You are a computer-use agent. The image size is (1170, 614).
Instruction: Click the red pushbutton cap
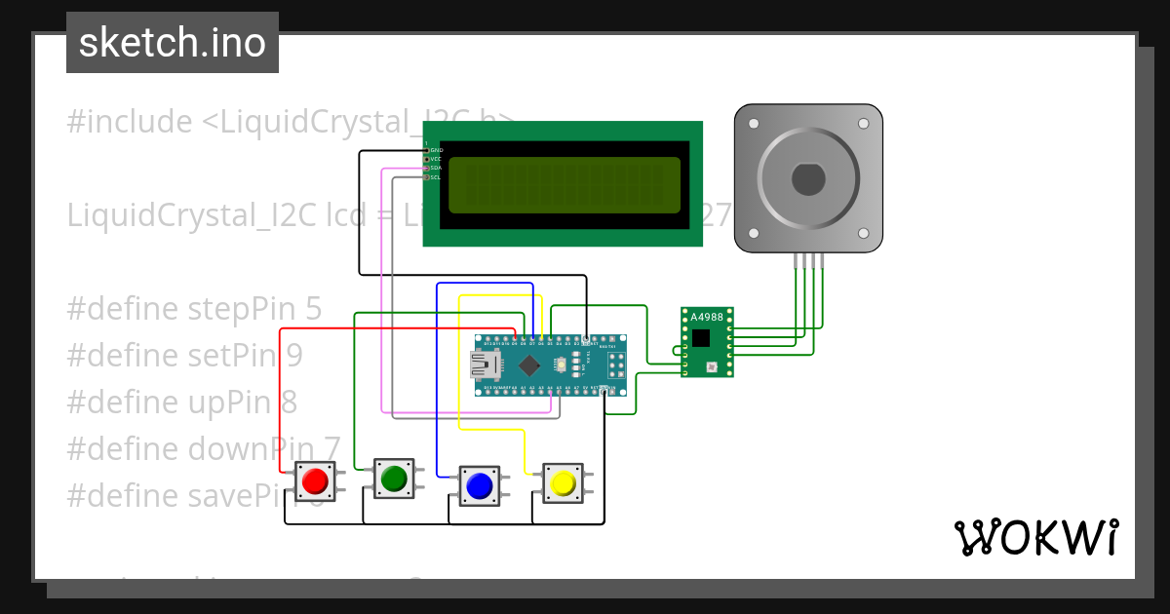point(315,481)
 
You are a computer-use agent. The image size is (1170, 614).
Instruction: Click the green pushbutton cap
point(394,479)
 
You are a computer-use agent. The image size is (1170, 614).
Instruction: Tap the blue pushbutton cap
point(478,484)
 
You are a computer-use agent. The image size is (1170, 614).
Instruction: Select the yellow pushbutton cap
point(563,483)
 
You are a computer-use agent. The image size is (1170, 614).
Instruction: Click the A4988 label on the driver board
point(707,318)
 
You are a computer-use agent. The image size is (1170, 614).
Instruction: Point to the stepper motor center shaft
point(807,179)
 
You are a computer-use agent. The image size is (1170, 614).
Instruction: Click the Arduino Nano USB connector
point(484,365)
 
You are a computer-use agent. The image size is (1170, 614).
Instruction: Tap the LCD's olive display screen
point(565,185)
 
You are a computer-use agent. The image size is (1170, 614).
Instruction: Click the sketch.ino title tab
point(173,43)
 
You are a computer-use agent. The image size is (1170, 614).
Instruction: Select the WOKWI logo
point(1035,537)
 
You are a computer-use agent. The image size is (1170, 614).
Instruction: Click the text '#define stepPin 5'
point(194,309)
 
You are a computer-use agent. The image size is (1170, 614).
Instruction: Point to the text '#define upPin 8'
point(182,402)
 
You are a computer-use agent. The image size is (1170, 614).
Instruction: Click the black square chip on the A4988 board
point(702,337)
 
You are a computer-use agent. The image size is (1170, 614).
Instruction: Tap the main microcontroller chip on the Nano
point(529,365)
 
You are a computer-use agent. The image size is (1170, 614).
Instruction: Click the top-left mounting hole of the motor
point(753,124)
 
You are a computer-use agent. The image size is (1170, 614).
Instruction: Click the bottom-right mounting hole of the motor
point(863,234)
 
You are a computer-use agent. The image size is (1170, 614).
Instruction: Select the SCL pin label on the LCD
point(435,177)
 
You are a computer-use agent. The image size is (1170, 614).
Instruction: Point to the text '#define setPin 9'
point(184,356)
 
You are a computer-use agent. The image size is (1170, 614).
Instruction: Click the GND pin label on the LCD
point(436,150)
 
